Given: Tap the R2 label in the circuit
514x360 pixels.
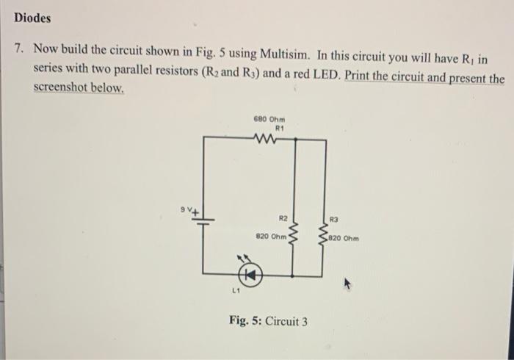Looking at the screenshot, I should pyautogui.click(x=283, y=218).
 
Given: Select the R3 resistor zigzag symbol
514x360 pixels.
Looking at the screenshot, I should pyautogui.click(x=324, y=233).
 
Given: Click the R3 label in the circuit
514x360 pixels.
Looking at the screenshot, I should pyautogui.click(x=335, y=218).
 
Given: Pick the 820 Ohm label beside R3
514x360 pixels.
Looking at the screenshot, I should pyautogui.click(x=344, y=237).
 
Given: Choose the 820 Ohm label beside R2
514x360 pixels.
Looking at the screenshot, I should pyautogui.click(x=269, y=237).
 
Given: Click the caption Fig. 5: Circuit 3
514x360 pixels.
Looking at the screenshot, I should pyautogui.click(x=268, y=321).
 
